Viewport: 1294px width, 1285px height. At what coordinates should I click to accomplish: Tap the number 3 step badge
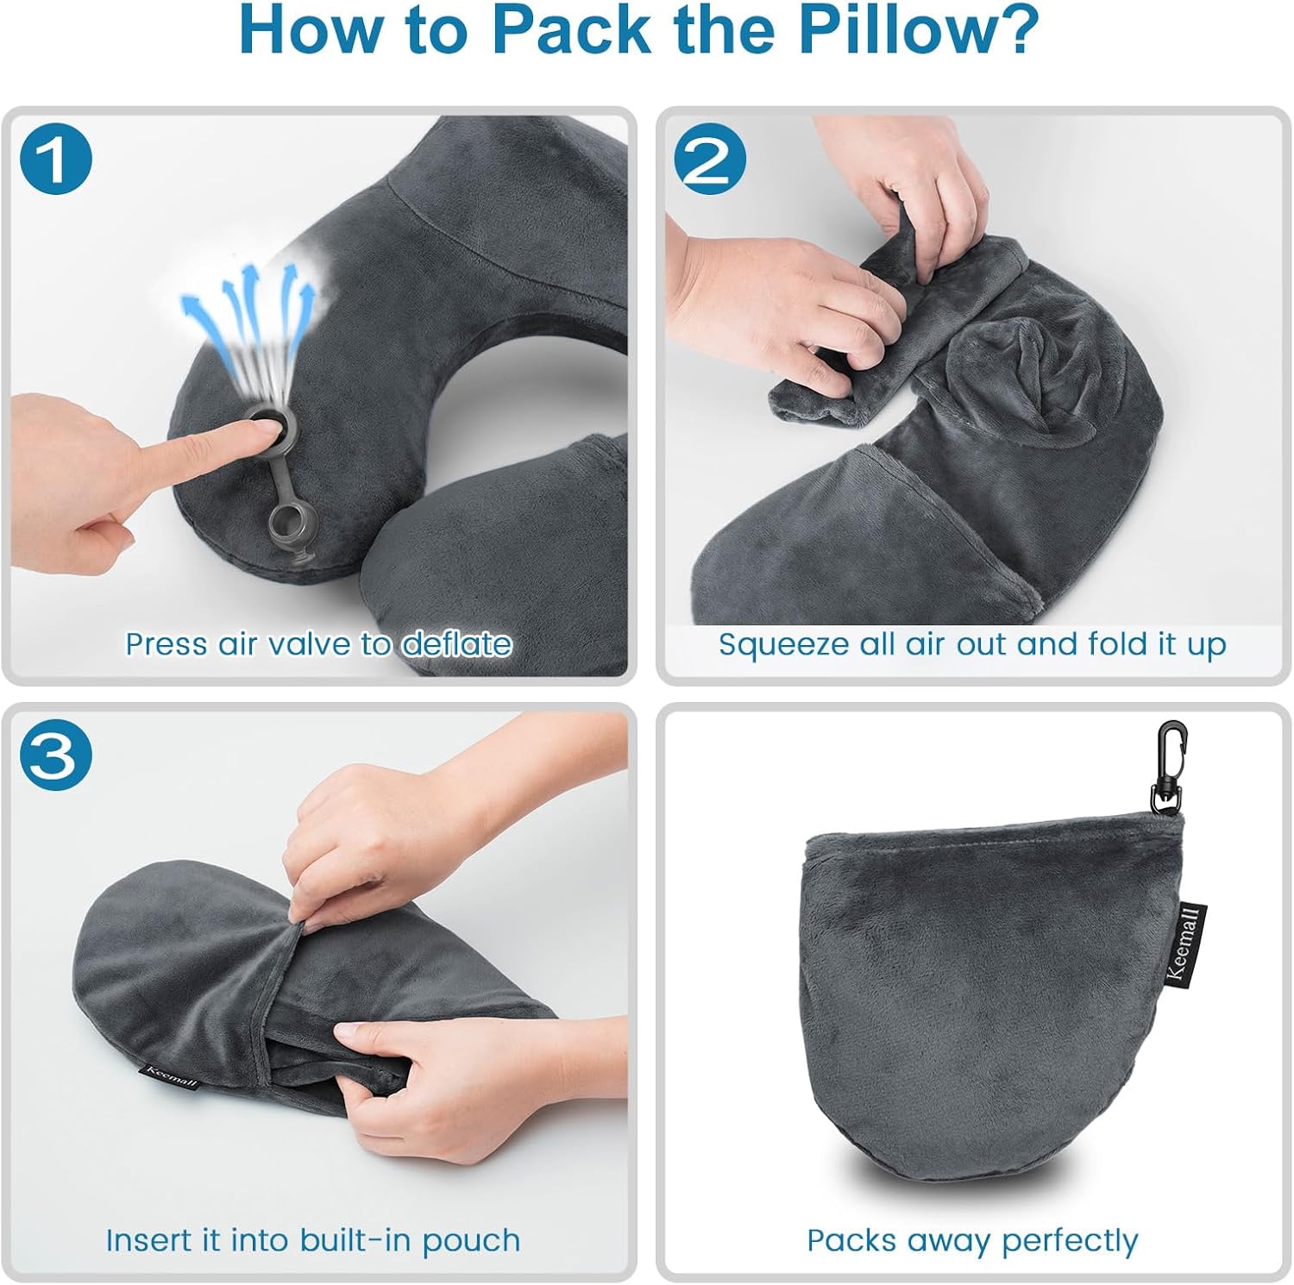tap(55, 756)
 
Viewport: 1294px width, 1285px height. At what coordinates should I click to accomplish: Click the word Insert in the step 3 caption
tap(149, 1240)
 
